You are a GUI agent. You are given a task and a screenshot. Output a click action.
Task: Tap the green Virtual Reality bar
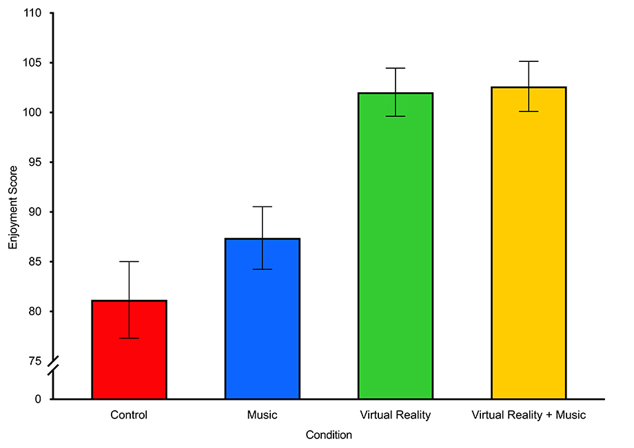pyautogui.click(x=396, y=248)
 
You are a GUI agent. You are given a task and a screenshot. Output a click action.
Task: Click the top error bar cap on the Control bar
pyautogui.click(x=129, y=262)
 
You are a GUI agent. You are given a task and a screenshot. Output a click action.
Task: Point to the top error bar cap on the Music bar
pyautogui.click(x=262, y=206)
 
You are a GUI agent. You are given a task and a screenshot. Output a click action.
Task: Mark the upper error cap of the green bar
pyautogui.click(x=396, y=68)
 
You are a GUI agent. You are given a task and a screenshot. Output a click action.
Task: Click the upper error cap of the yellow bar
pyautogui.click(x=529, y=61)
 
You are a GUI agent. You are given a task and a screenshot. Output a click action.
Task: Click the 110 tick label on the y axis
pyautogui.click(x=33, y=13)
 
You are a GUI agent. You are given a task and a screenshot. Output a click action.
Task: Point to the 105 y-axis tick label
pyautogui.click(x=33, y=63)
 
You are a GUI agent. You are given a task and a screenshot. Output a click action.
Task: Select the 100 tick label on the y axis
pyautogui.click(x=33, y=112)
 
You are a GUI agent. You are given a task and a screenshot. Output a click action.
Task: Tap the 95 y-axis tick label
pyautogui.click(x=36, y=162)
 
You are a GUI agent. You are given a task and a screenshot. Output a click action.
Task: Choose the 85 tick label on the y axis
pyautogui.click(x=36, y=262)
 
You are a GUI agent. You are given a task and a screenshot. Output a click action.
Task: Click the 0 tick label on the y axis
pyautogui.click(x=39, y=399)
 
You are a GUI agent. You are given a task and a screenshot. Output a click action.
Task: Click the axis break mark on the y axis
pyautogui.click(x=53, y=367)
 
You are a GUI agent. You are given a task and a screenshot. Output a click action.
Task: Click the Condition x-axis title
pyautogui.click(x=329, y=435)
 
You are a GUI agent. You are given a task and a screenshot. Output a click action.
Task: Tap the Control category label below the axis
pyautogui.click(x=129, y=415)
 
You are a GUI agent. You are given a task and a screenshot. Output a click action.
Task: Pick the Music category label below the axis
pyautogui.click(x=262, y=415)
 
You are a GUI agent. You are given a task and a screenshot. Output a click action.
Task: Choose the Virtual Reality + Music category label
pyautogui.click(x=529, y=415)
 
